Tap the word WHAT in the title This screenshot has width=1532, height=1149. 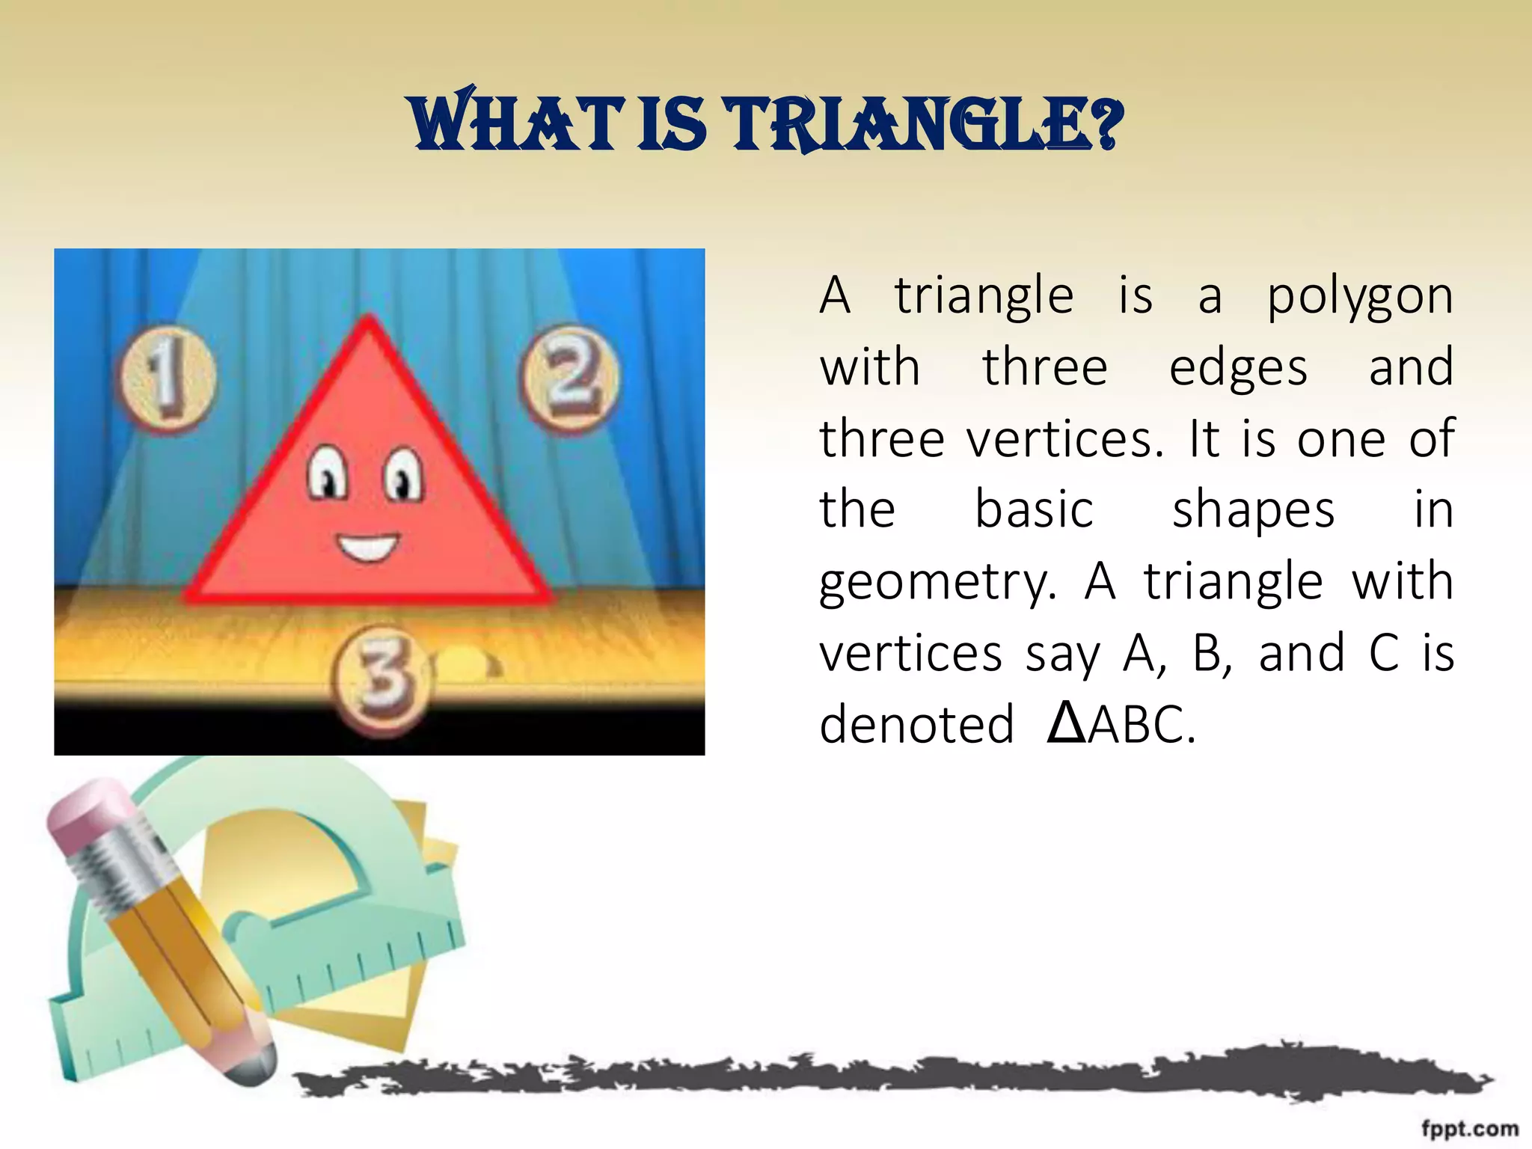[516, 123]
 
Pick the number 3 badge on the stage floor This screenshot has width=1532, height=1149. [382, 678]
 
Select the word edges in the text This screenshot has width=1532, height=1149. [1238, 368]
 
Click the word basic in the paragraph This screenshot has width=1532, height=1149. [1034, 510]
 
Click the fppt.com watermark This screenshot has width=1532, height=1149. [1469, 1128]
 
